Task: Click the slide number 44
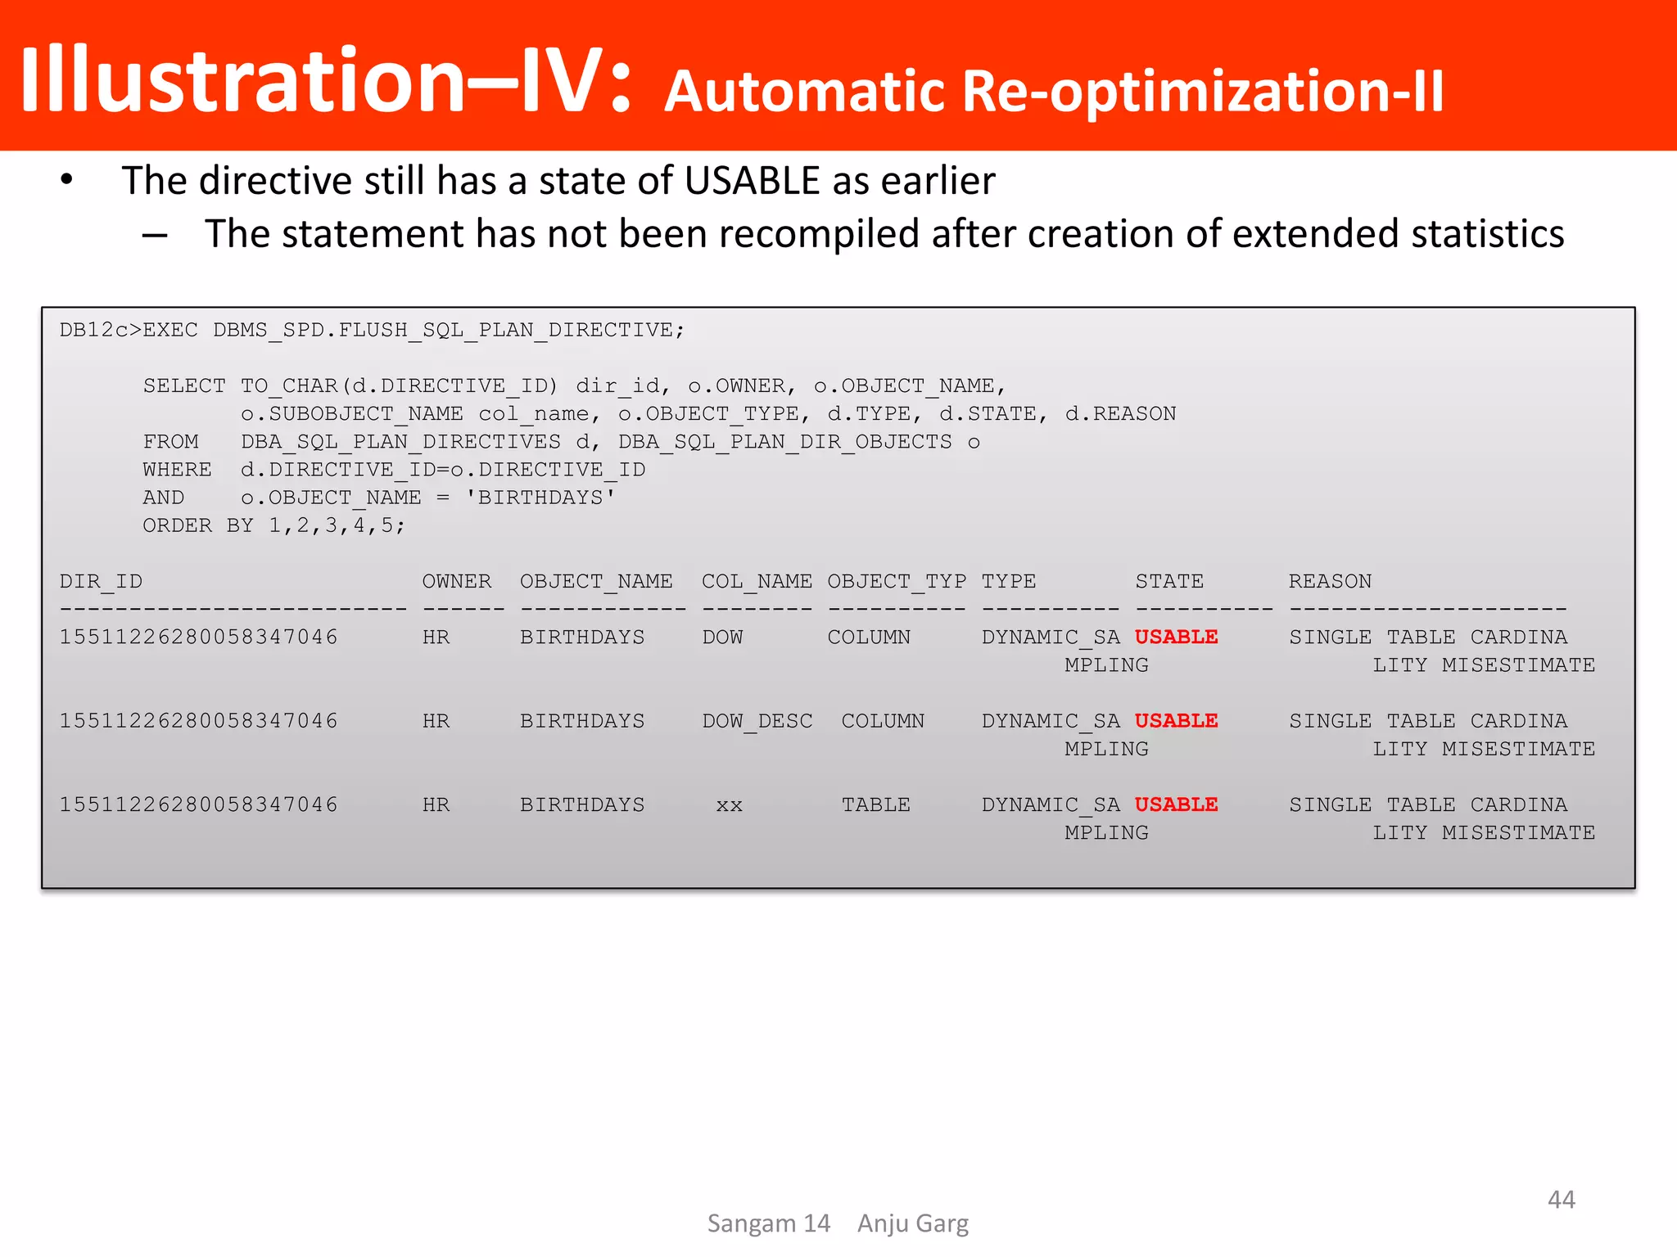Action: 1561,1200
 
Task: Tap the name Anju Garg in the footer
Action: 912,1223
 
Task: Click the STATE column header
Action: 1169,582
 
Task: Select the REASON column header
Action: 1330,582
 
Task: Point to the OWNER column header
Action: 457,582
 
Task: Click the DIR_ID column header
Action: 101,582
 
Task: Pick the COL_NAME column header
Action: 757,582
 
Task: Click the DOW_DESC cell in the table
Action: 757,721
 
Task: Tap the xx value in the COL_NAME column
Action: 729,805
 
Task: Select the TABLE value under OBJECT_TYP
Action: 875,805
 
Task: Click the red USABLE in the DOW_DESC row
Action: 1176,721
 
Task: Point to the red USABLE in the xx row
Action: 1176,805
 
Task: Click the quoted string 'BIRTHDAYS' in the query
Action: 540,498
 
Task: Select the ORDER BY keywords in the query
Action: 198,525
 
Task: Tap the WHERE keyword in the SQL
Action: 177,470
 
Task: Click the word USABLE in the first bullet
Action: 752,181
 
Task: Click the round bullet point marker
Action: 67,179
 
